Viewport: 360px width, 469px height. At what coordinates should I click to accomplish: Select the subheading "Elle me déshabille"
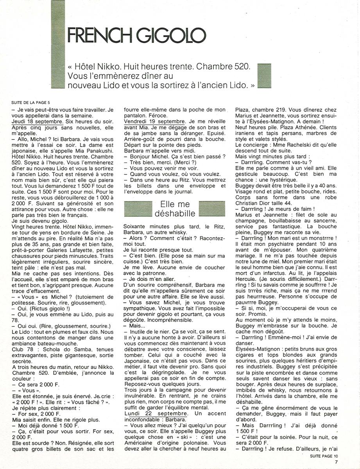175,209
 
